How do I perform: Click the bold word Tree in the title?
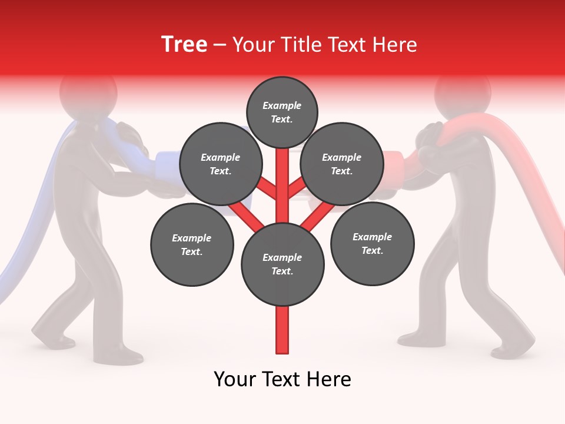point(184,45)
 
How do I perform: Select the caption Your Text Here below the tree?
point(282,379)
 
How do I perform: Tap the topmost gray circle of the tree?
point(282,112)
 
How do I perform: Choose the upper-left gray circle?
point(220,164)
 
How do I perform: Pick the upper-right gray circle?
point(341,164)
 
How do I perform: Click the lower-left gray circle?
point(192,244)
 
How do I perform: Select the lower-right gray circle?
point(372,243)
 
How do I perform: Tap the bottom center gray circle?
point(282,264)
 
